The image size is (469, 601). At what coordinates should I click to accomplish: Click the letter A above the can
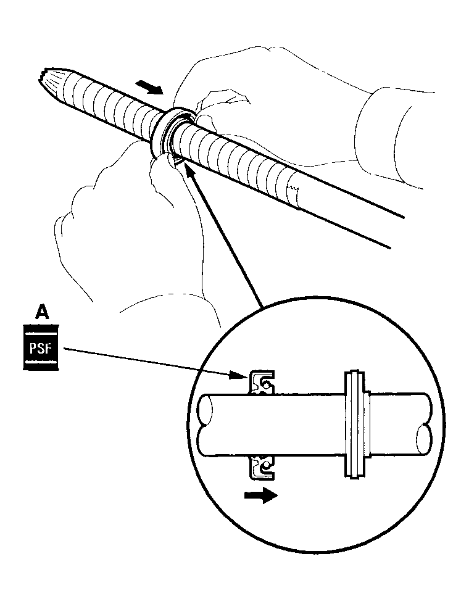41,312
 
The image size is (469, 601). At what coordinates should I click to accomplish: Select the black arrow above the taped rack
151,88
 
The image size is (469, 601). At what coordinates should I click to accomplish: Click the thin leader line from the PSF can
148,362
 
